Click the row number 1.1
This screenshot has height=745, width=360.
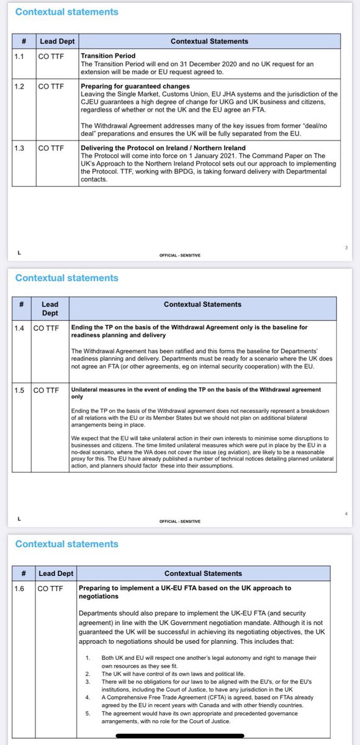(x=22, y=55)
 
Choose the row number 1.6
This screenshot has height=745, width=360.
(x=22, y=587)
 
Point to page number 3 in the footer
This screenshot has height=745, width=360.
(x=345, y=248)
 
